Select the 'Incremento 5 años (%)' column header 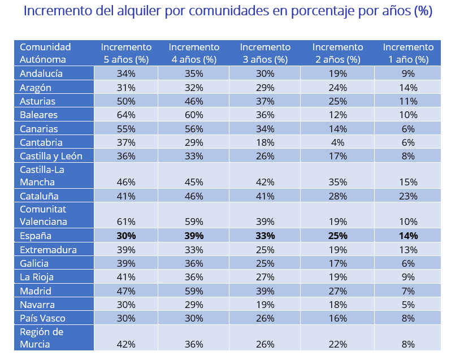pyautogui.click(x=126, y=53)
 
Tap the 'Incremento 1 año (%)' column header pyautogui.click(x=408, y=53)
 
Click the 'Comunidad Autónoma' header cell pyautogui.click(x=45, y=53)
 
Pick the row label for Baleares pyautogui.click(x=38, y=115)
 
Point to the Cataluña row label pyautogui.click(x=39, y=197)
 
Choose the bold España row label pyautogui.click(x=36, y=236)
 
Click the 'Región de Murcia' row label pyautogui.click(x=41, y=337)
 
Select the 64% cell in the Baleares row pyautogui.click(x=126, y=115)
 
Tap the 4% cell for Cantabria pyautogui.click(x=338, y=142)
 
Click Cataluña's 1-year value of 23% pyautogui.click(x=408, y=197)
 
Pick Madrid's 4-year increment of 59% pyautogui.click(x=194, y=291)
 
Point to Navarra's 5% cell pyautogui.click(x=408, y=305)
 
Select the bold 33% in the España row pyautogui.click(x=265, y=236)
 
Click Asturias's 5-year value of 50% pyautogui.click(x=126, y=101)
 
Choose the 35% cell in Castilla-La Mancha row pyautogui.click(x=338, y=182)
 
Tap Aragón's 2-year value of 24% pyautogui.click(x=338, y=88)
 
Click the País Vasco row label pyautogui.click(x=42, y=318)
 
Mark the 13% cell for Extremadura pyautogui.click(x=408, y=250)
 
